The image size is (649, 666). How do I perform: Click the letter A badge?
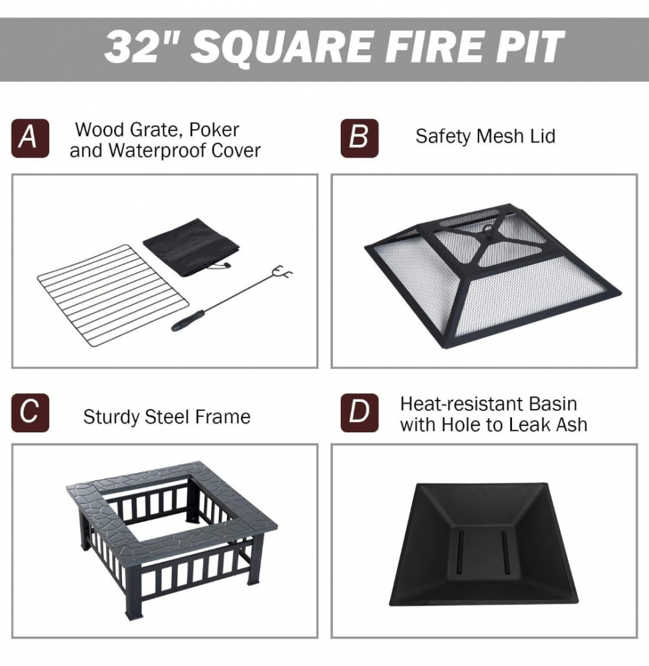(30, 138)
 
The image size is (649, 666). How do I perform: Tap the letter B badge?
(360, 138)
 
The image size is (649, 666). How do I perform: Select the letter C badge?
(30, 413)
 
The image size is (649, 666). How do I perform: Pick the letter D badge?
(360, 413)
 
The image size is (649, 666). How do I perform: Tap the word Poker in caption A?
(214, 130)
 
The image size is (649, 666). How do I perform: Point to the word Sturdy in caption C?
(112, 417)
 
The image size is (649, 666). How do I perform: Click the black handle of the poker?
(188, 320)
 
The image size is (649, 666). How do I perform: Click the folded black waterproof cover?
(191, 247)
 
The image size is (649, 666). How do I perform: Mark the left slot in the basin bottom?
(460, 552)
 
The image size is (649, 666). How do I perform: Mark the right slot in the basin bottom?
(506, 552)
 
